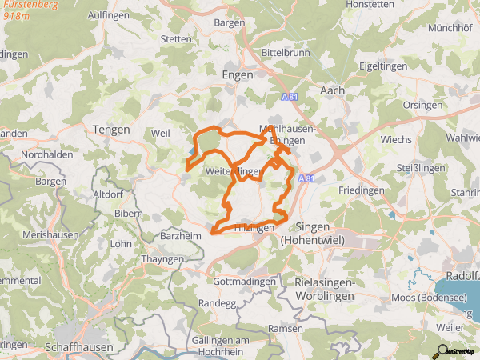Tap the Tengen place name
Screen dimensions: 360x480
[x=111, y=130]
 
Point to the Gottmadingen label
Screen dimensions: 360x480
[x=249, y=282]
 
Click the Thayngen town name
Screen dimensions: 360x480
[x=162, y=258]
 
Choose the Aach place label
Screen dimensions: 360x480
[x=332, y=91]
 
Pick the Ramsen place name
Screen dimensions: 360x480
[x=286, y=329]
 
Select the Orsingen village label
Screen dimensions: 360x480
[x=422, y=105]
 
